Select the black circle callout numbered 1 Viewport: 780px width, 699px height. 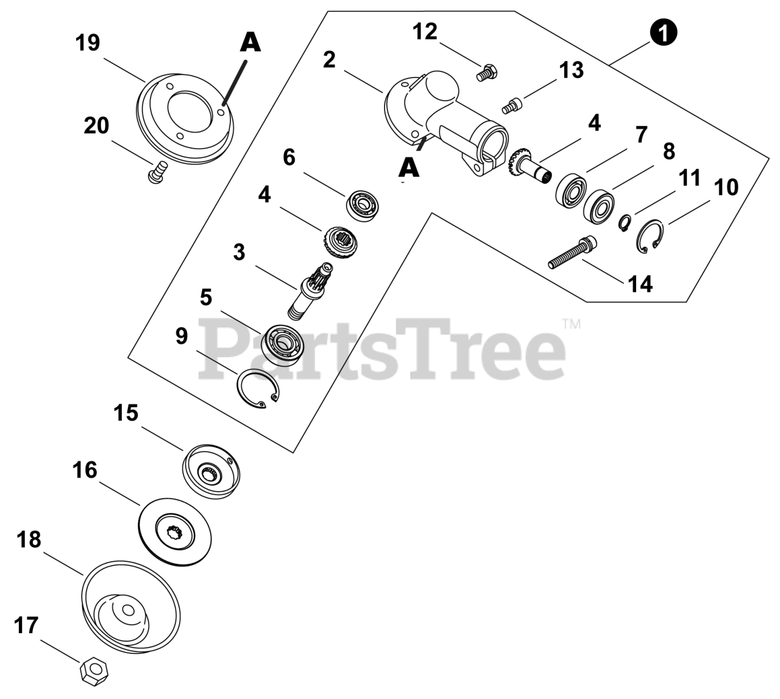[664, 33]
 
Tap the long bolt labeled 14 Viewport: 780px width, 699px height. [572, 252]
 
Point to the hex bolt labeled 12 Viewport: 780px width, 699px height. [486, 73]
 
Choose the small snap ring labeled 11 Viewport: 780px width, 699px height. [624, 224]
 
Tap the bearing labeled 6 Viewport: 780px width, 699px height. [363, 207]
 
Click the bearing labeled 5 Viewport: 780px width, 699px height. [282, 345]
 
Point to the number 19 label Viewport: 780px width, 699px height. [87, 43]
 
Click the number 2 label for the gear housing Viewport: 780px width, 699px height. [329, 60]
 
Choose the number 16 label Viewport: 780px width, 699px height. [85, 470]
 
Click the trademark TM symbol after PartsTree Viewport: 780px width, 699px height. [572, 324]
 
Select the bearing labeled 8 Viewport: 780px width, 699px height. [598, 206]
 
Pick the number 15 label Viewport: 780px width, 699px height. [126, 413]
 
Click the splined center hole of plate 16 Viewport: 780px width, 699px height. [175, 534]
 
